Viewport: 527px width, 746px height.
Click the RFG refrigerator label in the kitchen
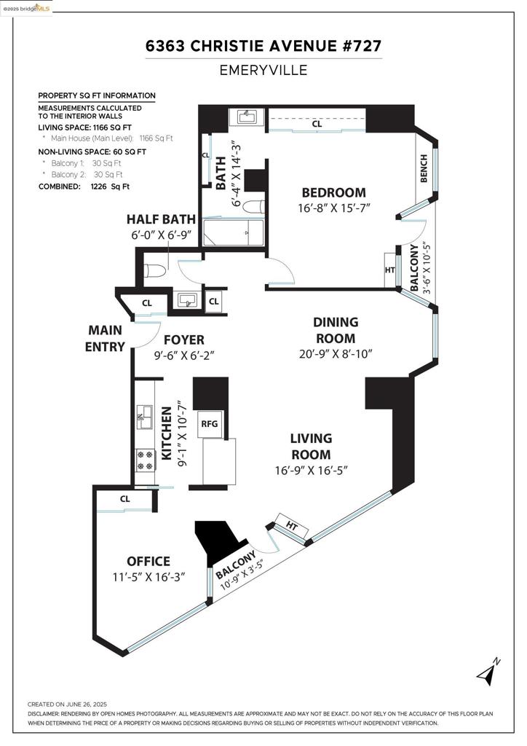tap(209, 423)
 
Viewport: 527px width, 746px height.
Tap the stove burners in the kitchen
tap(146, 460)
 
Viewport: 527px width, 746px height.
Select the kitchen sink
tap(144, 417)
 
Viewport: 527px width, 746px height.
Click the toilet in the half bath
tap(154, 271)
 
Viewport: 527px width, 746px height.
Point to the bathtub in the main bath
tap(233, 232)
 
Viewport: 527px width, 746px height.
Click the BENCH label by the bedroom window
tap(424, 168)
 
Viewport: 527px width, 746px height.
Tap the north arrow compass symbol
tap(488, 671)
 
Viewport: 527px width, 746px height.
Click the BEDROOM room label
tap(334, 192)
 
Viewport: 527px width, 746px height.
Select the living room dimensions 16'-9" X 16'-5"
tap(312, 471)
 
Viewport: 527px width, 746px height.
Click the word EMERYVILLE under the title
tap(263, 71)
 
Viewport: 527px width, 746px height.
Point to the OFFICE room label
tap(148, 562)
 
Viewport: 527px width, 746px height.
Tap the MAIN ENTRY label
tap(105, 338)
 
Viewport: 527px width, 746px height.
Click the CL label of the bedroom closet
tap(317, 124)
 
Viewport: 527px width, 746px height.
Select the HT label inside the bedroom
tap(389, 270)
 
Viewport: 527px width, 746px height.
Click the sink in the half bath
tap(187, 300)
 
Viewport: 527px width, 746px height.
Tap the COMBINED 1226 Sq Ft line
tap(84, 186)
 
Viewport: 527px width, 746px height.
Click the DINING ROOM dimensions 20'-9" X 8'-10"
tap(336, 355)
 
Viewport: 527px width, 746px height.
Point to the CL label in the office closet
tap(125, 499)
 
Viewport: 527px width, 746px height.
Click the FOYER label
tap(184, 340)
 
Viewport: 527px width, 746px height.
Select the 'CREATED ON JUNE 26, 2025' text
tap(67, 704)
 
